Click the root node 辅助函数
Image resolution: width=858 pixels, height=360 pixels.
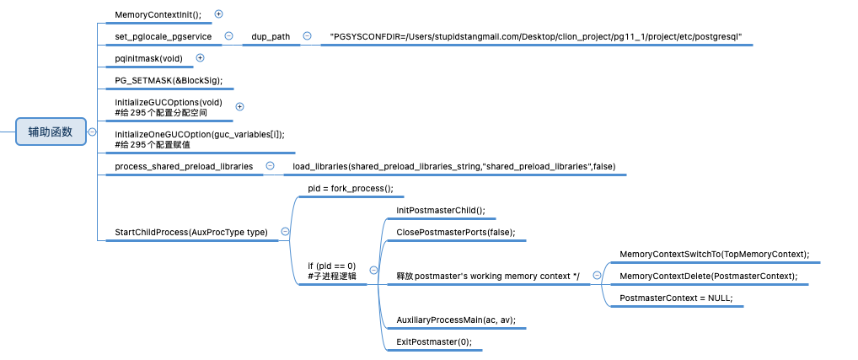[x=51, y=132]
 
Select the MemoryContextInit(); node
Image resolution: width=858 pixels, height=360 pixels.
[x=158, y=14]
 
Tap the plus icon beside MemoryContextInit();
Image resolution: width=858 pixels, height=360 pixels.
[x=219, y=14]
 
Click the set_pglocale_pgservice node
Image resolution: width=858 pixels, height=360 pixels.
[x=163, y=36]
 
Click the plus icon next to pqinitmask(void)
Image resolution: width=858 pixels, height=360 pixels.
[x=200, y=58]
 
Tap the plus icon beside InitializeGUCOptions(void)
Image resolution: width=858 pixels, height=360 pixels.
[x=239, y=106]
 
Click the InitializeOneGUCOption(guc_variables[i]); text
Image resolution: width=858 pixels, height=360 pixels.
[x=200, y=135]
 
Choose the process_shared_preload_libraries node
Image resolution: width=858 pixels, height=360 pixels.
[x=184, y=167]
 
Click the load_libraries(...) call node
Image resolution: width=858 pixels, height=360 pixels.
[x=454, y=167]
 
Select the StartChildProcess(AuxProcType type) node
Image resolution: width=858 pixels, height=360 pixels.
[x=191, y=232]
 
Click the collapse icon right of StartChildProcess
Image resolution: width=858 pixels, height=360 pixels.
[x=285, y=232]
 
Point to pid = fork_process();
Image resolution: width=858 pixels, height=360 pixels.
[x=351, y=189]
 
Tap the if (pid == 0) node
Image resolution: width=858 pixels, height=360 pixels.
[x=332, y=271]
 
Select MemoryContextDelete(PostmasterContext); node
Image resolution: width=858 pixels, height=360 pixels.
[x=708, y=276]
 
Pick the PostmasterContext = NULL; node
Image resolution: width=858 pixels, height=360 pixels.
[x=676, y=298]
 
